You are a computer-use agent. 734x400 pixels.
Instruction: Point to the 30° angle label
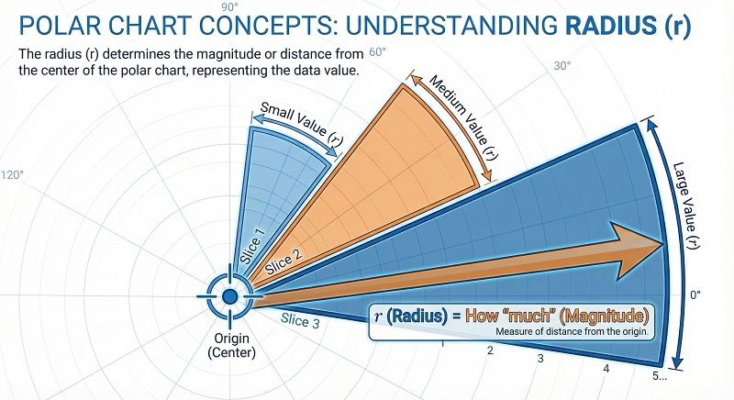[x=562, y=66]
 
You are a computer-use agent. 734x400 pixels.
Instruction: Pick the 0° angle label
[x=695, y=294]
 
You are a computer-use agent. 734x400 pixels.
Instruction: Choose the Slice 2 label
[x=281, y=263]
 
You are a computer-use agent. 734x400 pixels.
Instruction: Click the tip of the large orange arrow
[x=663, y=243]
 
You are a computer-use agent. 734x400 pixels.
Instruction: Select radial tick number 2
[x=490, y=350]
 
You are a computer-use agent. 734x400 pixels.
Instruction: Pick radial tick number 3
[x=540, y=358]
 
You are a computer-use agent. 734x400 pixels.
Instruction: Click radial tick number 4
[x=606, y=369]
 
